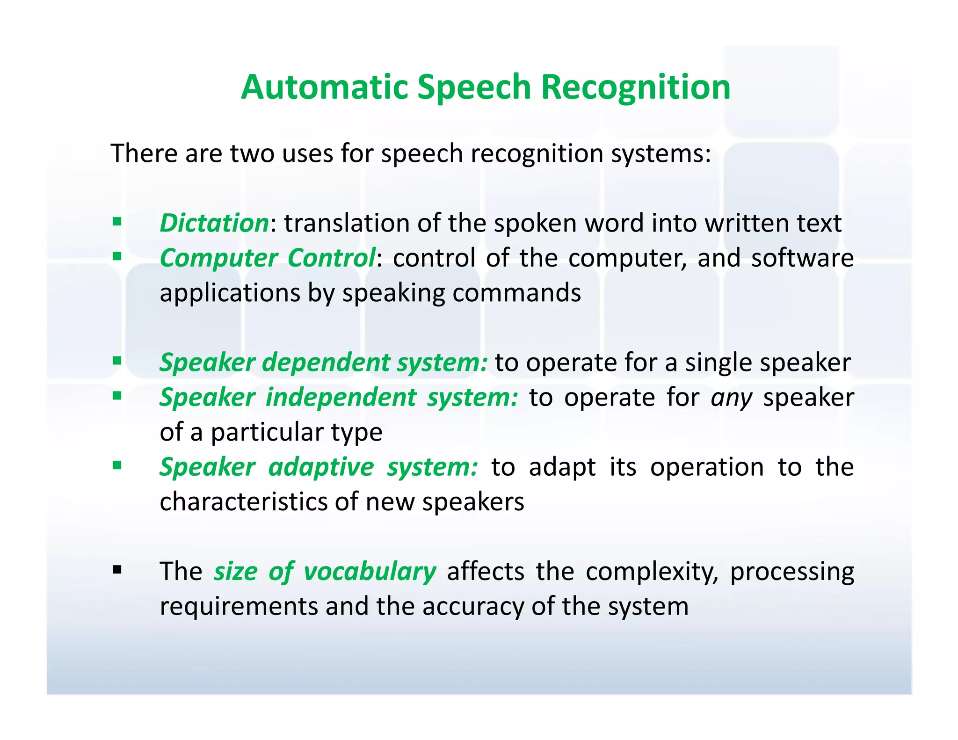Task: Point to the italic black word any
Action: pyautogui.click(x=731, y=398)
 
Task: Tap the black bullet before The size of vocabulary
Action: pyautogui.click(x=117, y=570)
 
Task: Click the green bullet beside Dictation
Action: pyautogui.click(x=117, y=221)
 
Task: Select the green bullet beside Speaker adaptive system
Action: pyautogui.click(x=117, y=465)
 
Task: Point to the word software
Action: pyautogui.click(x=802, y=258)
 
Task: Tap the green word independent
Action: pyautogui.click(x=341, y=397)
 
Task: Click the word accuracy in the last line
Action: pyautogui.click(x=473, y=607)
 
